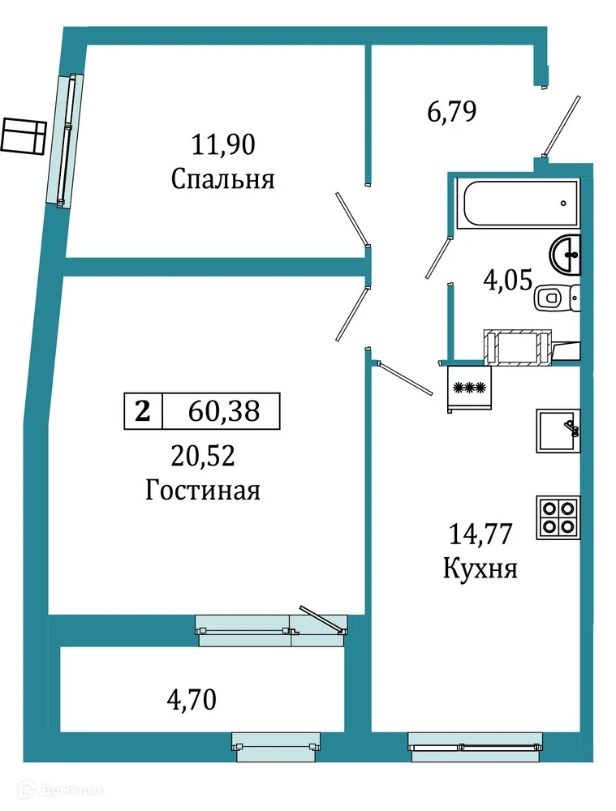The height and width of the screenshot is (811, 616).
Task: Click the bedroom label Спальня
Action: click(x=222, y=179)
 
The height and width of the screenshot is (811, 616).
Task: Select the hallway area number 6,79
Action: click(x=450, y=111)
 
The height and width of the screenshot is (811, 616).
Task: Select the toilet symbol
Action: click(x=557, y=298)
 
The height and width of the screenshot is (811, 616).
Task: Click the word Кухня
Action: click(x=480, y=569)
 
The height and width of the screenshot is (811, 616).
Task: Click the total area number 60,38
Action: click(x=223, y=411)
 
